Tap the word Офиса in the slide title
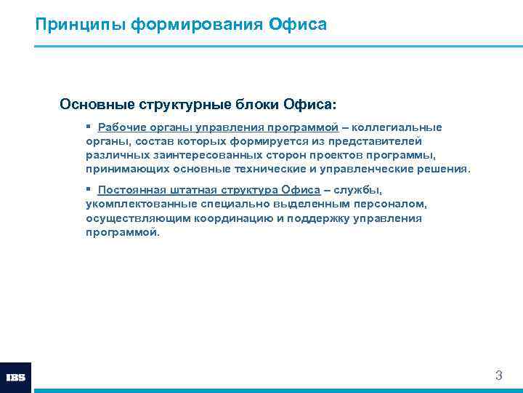pyautogui.click(x=298, y=25)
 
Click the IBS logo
pyautogui.click(x=15, y=378)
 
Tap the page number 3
pyautogui.click(x=498, y=376)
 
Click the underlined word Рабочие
pyautogui.click(x=121, y=127)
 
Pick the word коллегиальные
pyautogui.click(x=397, y=127)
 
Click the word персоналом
pyautogui.click(x=388, y=204)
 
